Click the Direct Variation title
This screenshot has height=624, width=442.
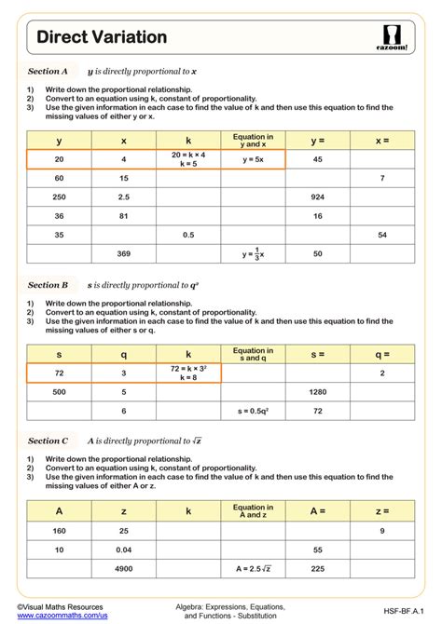(x=102, y=37)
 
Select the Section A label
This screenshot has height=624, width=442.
(x=48, y=71)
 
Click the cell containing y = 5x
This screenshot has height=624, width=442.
(x=253, y=159)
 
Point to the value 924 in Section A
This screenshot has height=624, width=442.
(x=317, y=197)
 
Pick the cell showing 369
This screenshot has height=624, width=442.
(x=123, y=253)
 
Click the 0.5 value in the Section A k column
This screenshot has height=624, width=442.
(x=187, y=235)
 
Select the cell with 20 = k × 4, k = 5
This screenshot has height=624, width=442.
(x=187, y=159)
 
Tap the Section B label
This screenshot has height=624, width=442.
(x=48, y=285)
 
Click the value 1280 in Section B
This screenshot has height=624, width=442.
(x=317, y=392)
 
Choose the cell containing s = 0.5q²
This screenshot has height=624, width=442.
(x=253, y=411)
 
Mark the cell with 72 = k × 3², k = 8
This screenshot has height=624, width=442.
(x=187, y=373)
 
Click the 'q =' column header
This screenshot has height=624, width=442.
(x=382, y=354)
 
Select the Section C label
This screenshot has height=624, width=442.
(x=48, y=441)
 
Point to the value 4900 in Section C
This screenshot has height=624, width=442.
(x=123, y=567)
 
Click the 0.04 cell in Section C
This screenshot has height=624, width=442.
(x=123, y=549)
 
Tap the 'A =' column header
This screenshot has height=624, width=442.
(x=317, y=510)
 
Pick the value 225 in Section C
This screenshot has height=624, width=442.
(x=317, y=567)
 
